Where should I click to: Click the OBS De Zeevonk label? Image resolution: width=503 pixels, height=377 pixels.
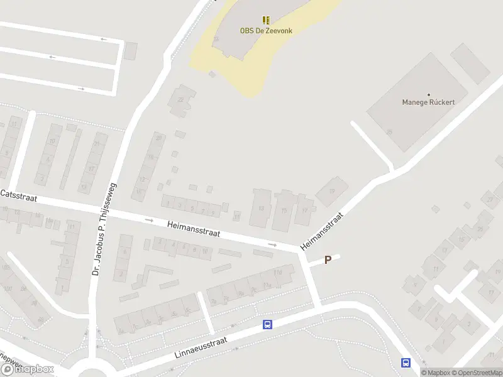tap(266, 30)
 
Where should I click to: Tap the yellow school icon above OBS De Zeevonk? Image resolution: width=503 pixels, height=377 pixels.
tap(266, 20)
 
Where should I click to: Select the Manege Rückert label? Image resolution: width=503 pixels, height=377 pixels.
tap(428, 102)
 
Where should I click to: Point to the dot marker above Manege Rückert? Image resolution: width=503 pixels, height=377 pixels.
tap(428, 93)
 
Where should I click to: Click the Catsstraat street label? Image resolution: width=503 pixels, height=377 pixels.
tap(19, 196)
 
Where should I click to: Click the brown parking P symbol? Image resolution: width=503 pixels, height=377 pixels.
tap(328, 260)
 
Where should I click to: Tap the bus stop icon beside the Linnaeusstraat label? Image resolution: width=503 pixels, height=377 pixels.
tap(267, 324)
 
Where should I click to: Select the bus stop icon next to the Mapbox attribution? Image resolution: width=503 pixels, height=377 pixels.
tap(406, 363)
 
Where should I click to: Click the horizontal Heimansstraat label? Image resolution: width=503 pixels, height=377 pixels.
tap(193, 229)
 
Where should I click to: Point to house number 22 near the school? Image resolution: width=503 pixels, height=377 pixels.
tap(181, 99)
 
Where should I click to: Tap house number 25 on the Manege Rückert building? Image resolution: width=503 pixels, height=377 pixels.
tap(390, 132)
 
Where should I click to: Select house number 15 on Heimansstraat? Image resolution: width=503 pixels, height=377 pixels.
tap(285, 210)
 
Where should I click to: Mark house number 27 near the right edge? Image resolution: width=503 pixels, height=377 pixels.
tap(489, 200)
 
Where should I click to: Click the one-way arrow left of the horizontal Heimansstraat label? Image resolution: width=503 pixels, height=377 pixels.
tap(149, 220)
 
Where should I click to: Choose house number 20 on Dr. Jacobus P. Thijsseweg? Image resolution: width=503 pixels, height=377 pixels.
tap(159, 138)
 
